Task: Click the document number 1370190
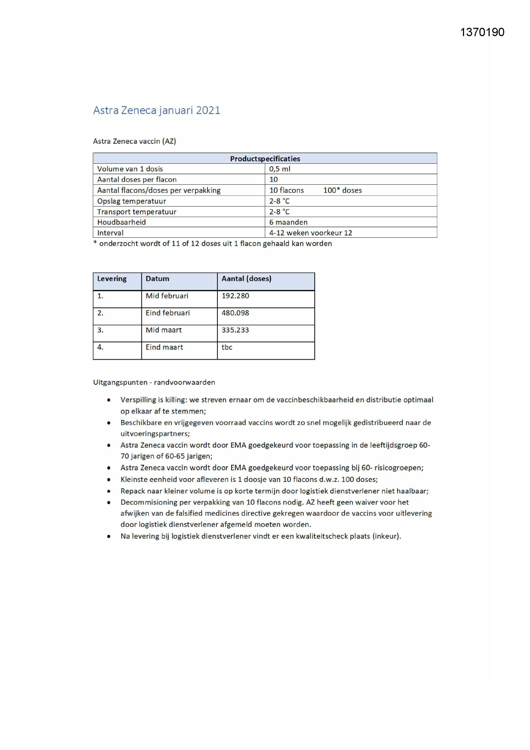tap(482, 32)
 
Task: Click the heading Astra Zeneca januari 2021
tap(156, 110)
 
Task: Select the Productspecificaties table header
tap(265, 159)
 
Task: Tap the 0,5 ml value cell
tap(280, 169)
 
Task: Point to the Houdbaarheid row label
tap(121, 222)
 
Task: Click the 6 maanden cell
tap(288, 222)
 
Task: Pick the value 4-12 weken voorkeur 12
tap(310, 233)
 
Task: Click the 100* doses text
tap(343, 190)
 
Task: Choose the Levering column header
tap(112, 279)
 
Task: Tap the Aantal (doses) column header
tap(246, 279)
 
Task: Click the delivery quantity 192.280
tap(235, 296)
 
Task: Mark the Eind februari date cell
tap(167, 313)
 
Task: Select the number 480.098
tap(235, 313)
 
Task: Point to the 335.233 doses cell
tap(235, 330)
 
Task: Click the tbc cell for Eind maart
tap(227, 347)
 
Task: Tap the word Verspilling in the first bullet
tap(138, 400)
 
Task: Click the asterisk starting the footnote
tap(95, 243)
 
